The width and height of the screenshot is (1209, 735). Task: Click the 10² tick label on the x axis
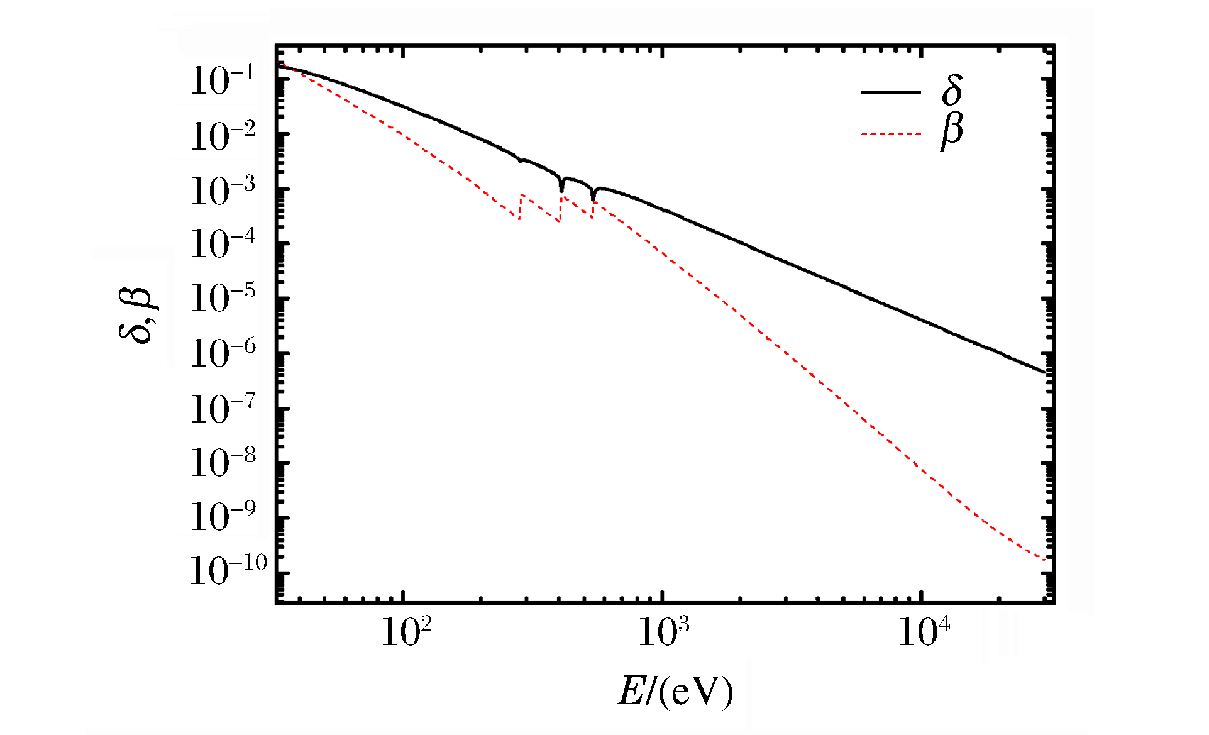coord(407,632)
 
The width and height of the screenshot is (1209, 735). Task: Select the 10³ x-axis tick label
coord(664,632)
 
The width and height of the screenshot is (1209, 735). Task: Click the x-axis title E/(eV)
coord(675,692)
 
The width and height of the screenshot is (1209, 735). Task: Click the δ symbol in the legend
coord(952,91)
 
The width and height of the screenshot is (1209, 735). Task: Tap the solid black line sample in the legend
coord(890,92)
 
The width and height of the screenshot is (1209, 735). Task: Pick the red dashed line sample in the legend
coord(890,134)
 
